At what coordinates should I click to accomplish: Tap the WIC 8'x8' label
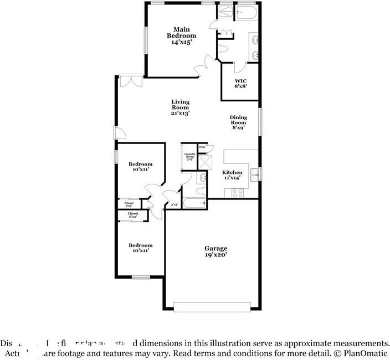click(240, 84)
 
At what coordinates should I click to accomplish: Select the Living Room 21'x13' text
click(180, 107)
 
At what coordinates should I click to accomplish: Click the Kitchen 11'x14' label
click(232, 175)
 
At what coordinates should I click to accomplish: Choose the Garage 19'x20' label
click(215, 252)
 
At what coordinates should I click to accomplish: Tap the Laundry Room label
click(189, 157)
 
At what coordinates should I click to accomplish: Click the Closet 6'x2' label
click(133, 215)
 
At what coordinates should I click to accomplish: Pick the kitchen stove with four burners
click(238, 193)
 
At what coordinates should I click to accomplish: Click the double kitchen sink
click(254, 174)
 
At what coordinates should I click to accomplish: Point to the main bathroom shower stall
click(226, 12)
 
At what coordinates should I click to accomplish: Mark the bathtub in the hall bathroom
click(194, 203)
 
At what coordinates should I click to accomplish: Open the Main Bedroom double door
click(202, 65)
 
